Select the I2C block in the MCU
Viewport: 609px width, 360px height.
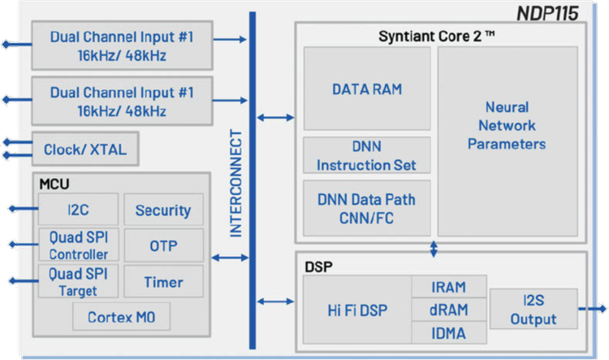click(78, 210)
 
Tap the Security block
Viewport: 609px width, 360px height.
click(163, 210)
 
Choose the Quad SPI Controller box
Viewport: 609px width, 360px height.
click(78, 245)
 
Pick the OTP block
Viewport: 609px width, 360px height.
click(163, 245)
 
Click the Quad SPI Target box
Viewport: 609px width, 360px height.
click(78, 282)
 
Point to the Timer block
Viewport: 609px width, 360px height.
click(163, 282)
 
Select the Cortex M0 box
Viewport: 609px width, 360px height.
click(122, 316)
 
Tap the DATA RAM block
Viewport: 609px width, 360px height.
click(367, 89)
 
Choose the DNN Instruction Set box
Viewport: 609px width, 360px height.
click(367, 155)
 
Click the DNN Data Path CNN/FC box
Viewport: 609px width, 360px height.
click(367, 207)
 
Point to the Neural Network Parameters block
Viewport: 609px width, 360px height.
click(507, 125)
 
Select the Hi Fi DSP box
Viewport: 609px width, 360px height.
click(356, 310)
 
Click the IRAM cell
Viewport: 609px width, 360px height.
click(448, 287)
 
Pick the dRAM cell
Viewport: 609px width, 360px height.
click(448, 310)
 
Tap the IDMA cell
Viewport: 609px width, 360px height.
click(448, 332)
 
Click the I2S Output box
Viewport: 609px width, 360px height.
click(533, 310)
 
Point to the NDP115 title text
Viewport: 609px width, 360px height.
click(549, 14)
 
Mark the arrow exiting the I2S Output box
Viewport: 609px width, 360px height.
click(593, 310)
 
